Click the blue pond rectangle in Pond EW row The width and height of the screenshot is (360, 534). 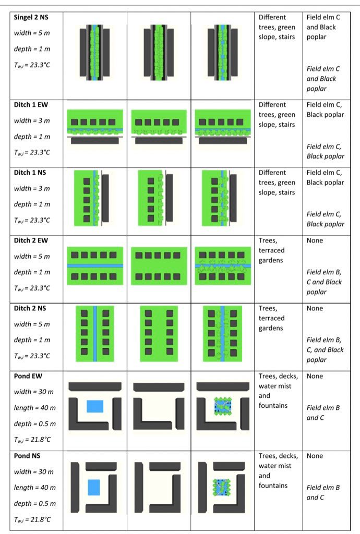click(94, 407)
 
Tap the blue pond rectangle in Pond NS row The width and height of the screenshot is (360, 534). click(94, 487)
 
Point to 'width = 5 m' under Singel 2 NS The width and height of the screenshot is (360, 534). click(32, 33)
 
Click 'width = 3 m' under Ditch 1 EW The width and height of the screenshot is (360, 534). click(32, 120)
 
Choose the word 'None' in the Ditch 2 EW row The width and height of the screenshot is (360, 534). click(315, 240)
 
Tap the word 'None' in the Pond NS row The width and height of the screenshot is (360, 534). click(315, 456)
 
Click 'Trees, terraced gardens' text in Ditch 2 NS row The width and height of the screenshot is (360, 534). click(272, 318)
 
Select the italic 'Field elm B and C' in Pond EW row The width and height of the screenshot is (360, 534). click(323, 412)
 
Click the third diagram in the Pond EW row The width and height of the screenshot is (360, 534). click(222, 407)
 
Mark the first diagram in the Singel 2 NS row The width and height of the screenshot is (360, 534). click(94, 54)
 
